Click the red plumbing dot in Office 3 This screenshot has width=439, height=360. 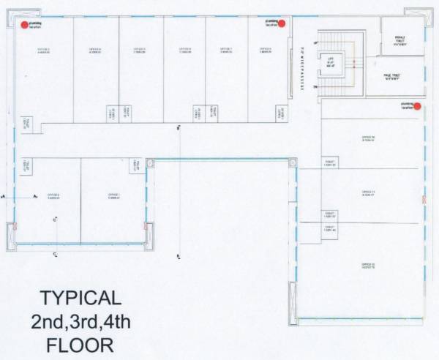click(x=25, y=24)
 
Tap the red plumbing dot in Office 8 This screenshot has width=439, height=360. click(x=282, y=23)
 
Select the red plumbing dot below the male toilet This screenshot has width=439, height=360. click(x=417, y=106)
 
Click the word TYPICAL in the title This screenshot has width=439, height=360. click(x=80, y=297)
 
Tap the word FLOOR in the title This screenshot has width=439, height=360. click(x=80, y=344)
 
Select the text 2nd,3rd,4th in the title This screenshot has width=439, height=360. click(x=80, y=320)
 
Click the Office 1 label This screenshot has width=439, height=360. click(x=114, y=195)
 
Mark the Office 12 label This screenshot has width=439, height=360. click(x=368, y=266)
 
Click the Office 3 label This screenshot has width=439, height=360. click(x=43, y=50)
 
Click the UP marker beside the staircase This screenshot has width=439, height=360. click(x=315, y=44)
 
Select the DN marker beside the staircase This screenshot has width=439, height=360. click(x=315, y=87)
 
